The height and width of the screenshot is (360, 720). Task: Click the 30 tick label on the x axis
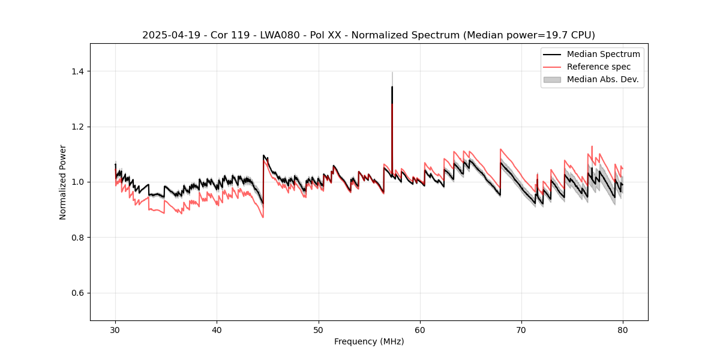coord(115,329)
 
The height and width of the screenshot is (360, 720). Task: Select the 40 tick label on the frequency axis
coord(217,329)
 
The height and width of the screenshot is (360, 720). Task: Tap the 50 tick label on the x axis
coord(319,329)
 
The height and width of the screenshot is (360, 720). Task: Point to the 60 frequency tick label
coord(420,329)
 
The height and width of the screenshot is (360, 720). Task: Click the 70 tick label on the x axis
coord(521,329)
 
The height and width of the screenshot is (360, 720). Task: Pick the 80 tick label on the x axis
coord(623,329)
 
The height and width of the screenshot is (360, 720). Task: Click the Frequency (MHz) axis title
coord(369,341)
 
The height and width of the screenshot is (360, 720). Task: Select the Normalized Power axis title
coord(63,182)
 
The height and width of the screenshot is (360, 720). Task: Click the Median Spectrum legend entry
coord(603,54)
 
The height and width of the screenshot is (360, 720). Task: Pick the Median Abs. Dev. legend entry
coord(602,79)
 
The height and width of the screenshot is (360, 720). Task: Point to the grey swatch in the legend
coord(552,79)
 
